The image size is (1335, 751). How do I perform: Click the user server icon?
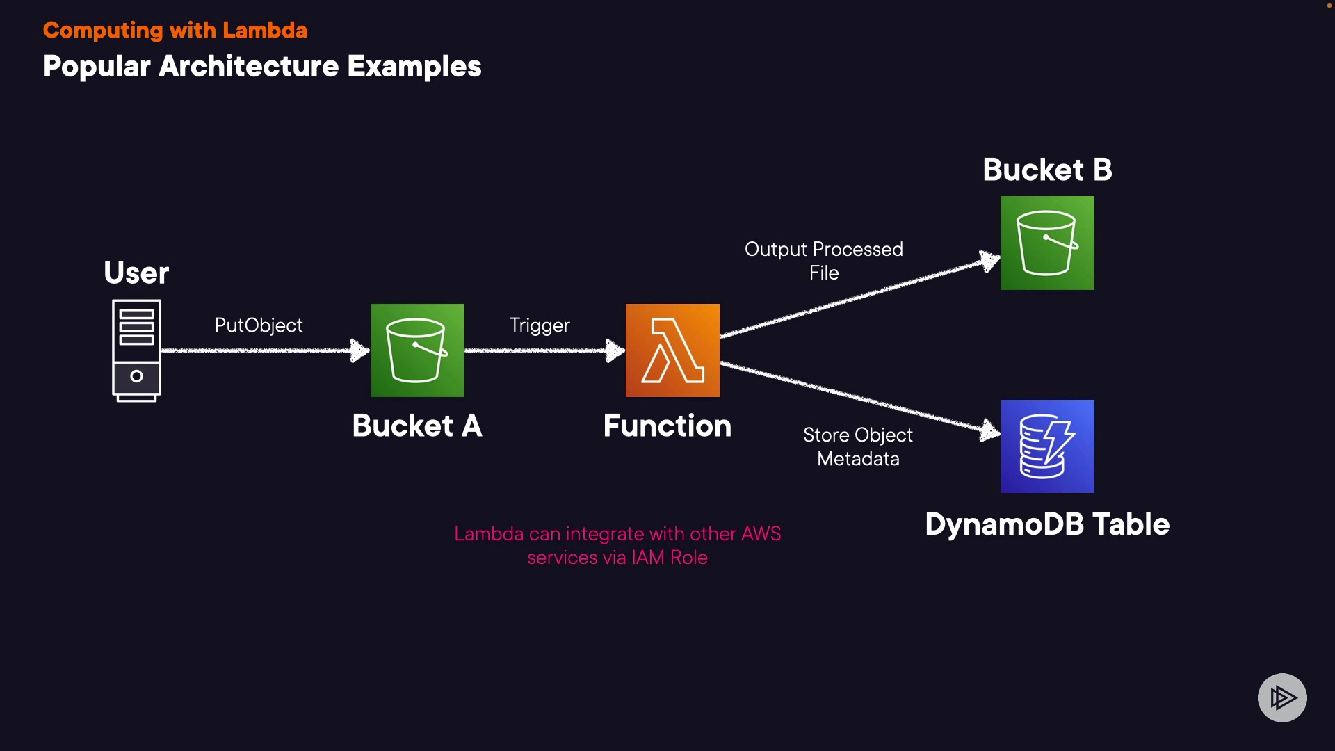[x=136, y=350]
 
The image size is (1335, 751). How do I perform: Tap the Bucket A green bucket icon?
[x=417, y=350]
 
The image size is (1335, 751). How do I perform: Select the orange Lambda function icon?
[x=672, y=350]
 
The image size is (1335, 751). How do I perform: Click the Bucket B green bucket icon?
[x=1048, y=243]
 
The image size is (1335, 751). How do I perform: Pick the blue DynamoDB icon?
[x=1048, y=446]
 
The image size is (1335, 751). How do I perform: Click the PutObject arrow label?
[x=259, y=325]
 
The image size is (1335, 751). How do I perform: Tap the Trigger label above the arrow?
[x=540, y=325]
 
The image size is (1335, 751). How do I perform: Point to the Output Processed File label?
[x=824, y=261]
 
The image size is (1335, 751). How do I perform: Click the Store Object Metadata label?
[x=858, y=446]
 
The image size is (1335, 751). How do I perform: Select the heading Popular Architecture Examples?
[x=262, y=67]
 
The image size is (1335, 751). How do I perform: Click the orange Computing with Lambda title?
[x=175, y=31]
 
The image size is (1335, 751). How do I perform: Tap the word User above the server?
[x=136, y=273]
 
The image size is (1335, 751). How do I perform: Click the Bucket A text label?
[x=417, y=426]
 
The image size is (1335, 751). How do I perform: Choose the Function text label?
[x=667, y=426]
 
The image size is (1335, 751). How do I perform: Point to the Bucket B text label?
[x=1048, y=170]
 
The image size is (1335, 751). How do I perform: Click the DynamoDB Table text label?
[x=1048, y=524]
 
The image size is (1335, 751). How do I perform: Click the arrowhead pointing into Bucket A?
[x=359, y=350]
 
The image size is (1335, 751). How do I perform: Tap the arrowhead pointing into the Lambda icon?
[x=615, y=350]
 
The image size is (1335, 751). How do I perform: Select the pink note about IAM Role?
[x=617, y=546]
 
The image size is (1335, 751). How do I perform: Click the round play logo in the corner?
[x=1282, y=697]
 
